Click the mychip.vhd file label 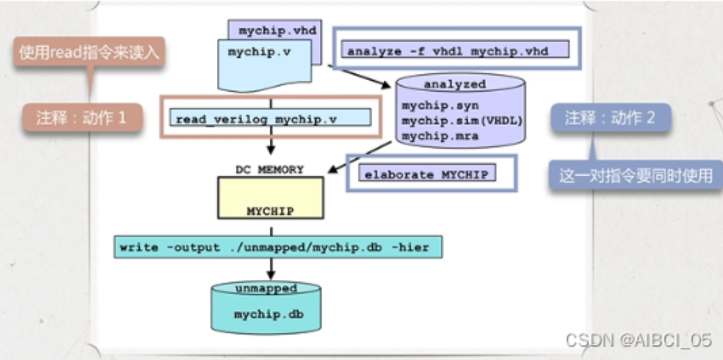click(x=277, y=31)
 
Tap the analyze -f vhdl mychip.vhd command click(x=448, y=52)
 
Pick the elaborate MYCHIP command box click(x=427, y=175)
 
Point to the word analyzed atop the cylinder click(x=455, y=84)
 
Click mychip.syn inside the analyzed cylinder click(x=440, y=105)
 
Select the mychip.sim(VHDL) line click(x=462, y=120)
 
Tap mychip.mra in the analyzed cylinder click(x=440, y=136)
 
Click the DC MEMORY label click(x=269, y=170)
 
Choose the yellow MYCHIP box click(x=270, y=198)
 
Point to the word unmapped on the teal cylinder click(x=266, y=288)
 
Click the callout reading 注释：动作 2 click(x=610, y=118)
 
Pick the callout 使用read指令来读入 click(x=89, y=53)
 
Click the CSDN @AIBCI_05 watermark click(x=638, y=340)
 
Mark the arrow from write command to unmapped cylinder click(x=270, y=269)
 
